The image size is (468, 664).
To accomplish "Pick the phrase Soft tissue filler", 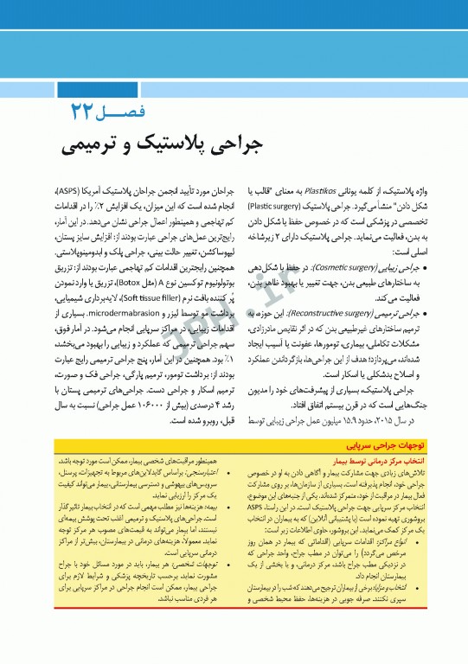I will [x=138, y=270].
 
